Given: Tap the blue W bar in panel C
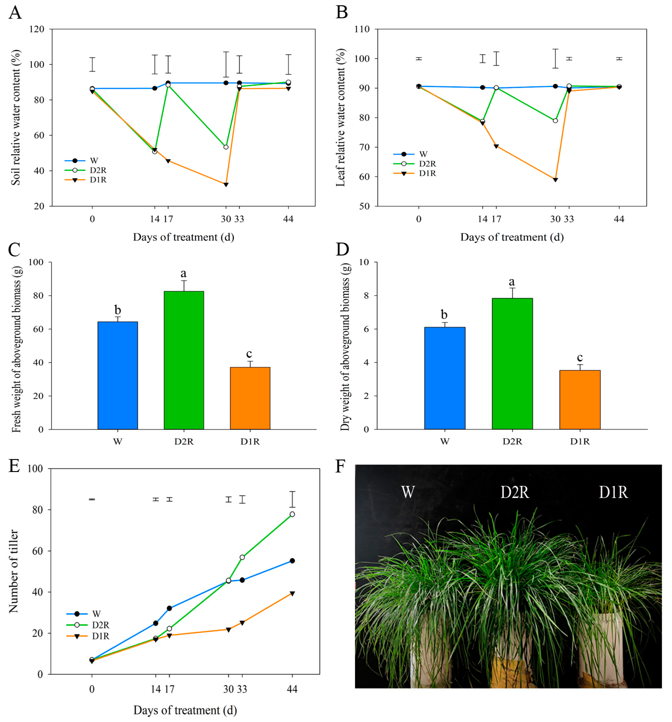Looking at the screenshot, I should click(x=118, y=375).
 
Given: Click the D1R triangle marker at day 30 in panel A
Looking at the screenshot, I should click(x=226, y=184).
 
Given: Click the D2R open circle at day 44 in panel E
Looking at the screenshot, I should click(x=292, y=514).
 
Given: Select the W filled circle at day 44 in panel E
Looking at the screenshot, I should click(x=292, y=561).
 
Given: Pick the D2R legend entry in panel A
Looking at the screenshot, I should click(x=86, y=170).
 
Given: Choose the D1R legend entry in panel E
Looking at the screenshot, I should click(x=88, y=636).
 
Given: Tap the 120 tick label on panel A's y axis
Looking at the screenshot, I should click(x=37, y=29).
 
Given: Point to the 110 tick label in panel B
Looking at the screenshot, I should click(x=362, y=29).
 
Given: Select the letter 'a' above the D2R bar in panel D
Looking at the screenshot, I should click(x=512, y=282).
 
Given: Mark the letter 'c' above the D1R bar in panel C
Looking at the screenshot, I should click(x=249, y=353).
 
